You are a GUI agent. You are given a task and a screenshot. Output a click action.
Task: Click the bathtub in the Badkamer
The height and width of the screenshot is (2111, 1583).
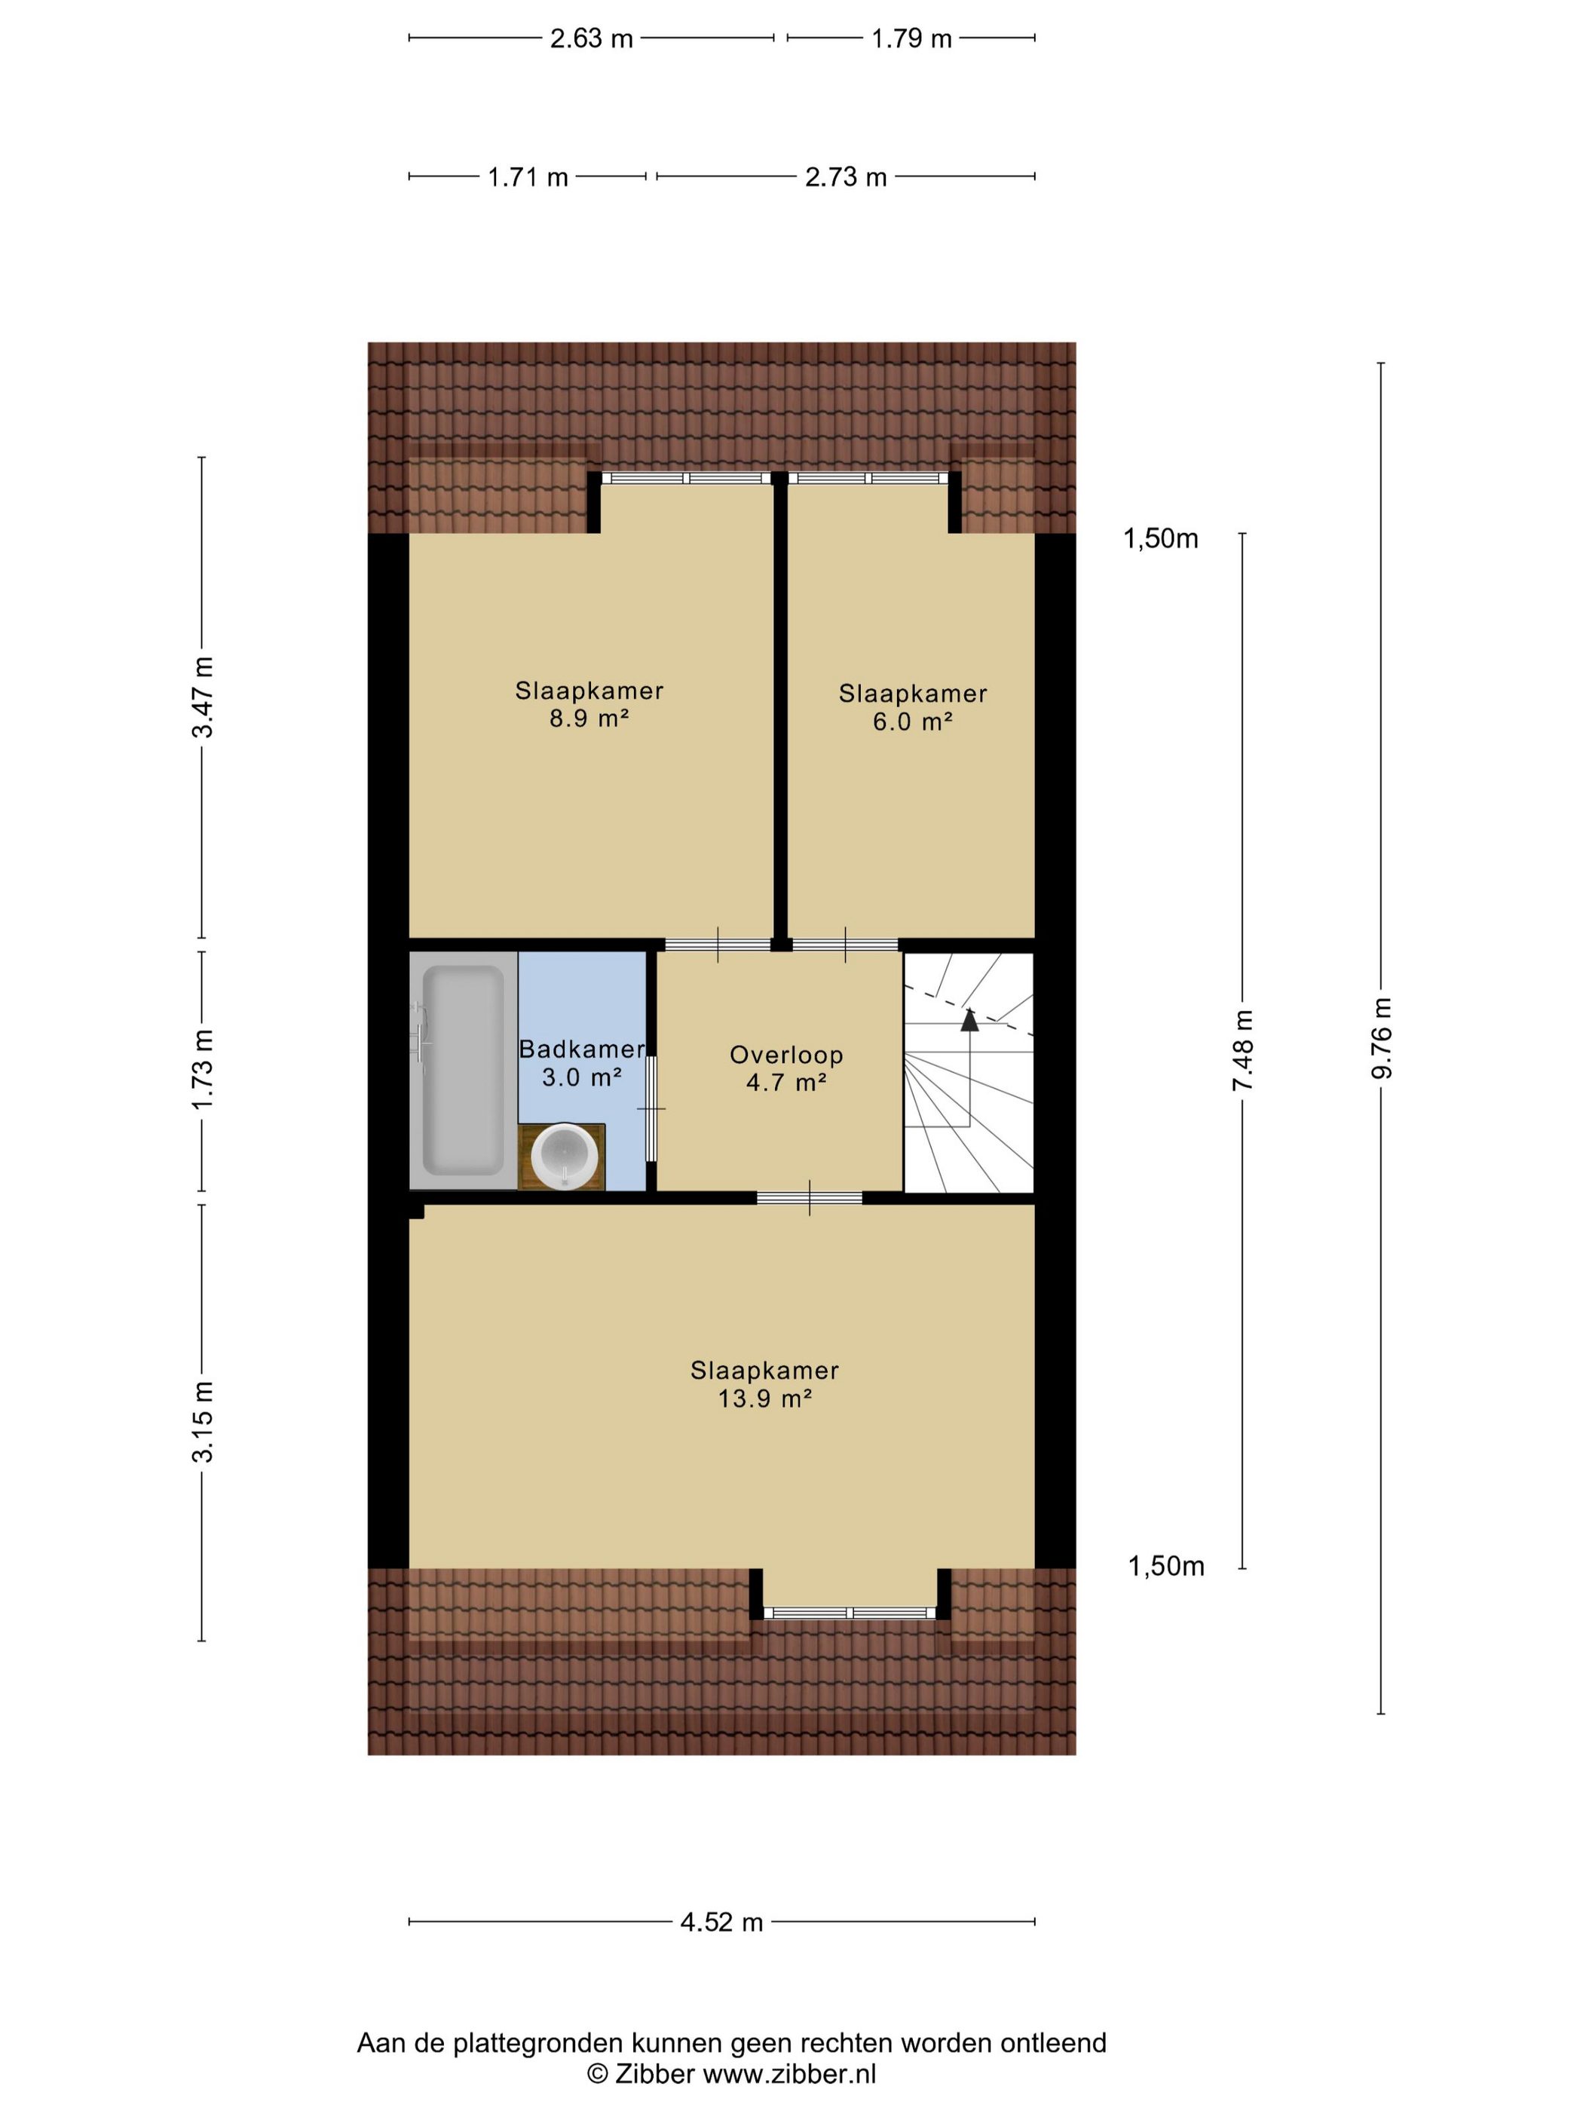click(x=463, y=1070)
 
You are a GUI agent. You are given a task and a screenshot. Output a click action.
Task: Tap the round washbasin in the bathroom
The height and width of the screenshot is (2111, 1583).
click(x=565, y=1156)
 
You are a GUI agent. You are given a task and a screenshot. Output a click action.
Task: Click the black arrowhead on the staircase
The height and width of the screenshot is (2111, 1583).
click(x=969, y=1019)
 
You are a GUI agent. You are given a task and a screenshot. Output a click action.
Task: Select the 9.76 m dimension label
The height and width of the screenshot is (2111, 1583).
click(x=1382, y=1038)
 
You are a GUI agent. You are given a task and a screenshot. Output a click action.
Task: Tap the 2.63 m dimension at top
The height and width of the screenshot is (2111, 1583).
click(x=592, y=38)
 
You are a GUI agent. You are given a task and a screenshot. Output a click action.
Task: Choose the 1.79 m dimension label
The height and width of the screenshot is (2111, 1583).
click(x=911, y=38)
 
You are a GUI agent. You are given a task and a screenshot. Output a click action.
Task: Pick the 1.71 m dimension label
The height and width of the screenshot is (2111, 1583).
click(x=528, y=176)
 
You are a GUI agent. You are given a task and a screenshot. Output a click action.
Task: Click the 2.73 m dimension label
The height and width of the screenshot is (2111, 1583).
click(x=847, y=176)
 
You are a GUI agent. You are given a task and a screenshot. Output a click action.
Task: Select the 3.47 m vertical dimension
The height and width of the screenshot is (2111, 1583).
click(x=202, y=697)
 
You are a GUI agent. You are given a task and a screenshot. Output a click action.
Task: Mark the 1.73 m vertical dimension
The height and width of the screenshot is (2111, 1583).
click(x=202, y=1069)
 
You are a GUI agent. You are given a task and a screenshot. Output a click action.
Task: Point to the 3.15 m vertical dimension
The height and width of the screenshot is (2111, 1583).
click(x=202, y=1421)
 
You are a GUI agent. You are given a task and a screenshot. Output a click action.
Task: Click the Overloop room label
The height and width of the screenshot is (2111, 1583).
click(x=786, y=1055)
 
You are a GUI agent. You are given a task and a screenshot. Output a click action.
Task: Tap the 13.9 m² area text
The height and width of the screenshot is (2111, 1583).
click(x=764, y=1399)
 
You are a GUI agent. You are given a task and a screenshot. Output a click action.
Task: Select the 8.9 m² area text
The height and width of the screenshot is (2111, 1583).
click(x=589, y=718)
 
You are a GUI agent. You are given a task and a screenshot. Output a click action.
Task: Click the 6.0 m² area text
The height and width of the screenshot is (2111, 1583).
click(x=912, y=722)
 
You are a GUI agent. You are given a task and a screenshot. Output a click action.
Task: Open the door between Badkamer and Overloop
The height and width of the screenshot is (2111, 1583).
click(x=652, y=1108)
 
